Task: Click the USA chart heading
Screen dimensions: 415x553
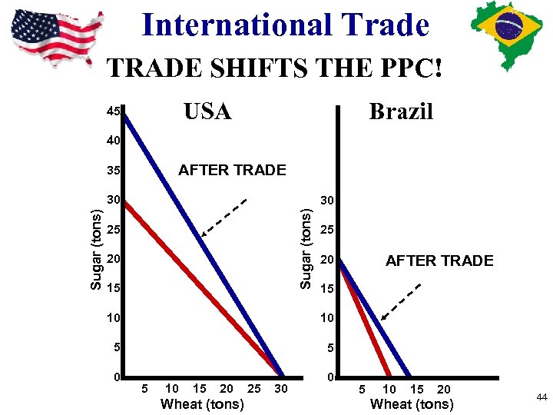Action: coord(207,111)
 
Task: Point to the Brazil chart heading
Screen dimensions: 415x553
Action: coord(401,111)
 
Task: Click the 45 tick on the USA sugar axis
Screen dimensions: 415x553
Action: coord(114,112)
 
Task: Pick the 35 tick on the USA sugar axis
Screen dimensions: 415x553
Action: coord(114,170)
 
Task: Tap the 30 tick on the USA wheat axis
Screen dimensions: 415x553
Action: coord(281,389)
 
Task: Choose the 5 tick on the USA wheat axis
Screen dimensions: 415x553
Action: coord(146,389)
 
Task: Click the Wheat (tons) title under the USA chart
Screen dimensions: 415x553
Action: coord(202,404)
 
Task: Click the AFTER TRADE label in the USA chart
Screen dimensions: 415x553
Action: coord(232,170)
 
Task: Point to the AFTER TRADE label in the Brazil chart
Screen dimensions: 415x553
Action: coord(439,261)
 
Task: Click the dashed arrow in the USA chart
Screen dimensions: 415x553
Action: coord(224,217)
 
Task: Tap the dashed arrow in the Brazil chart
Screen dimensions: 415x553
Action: coord(402,300)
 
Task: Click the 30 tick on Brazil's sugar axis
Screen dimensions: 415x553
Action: coord(327,200)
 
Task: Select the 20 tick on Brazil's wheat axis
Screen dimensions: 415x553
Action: coord(444,390)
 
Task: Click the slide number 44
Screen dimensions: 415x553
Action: coord(541,397)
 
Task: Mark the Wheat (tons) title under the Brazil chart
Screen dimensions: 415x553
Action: coord(412,404)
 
